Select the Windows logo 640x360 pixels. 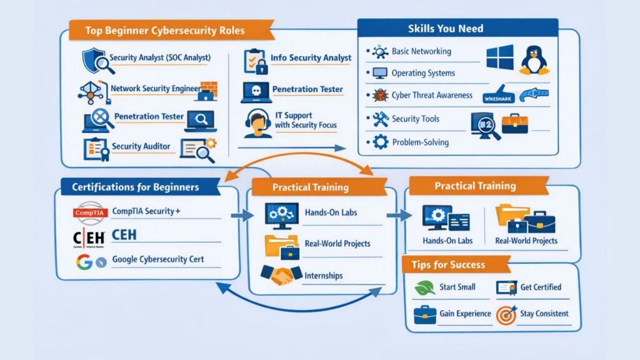[499, 57]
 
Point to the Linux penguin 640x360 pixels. [534, 59]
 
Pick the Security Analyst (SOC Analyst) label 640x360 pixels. [160, 58]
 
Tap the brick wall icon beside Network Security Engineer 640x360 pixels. [209, 89]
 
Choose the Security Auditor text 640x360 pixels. [141, 146]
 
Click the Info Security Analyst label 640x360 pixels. [311, 58]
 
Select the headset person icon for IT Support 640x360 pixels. [257, 122]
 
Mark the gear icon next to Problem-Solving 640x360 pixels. [379, 142]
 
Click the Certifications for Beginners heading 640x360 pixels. [136, 187]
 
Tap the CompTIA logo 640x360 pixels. [91, 212]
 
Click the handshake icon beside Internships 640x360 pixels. [279, 274]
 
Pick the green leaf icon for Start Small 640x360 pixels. [424, 287]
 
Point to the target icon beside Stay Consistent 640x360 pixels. [505, 314]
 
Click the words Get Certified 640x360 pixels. [541, 287]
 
